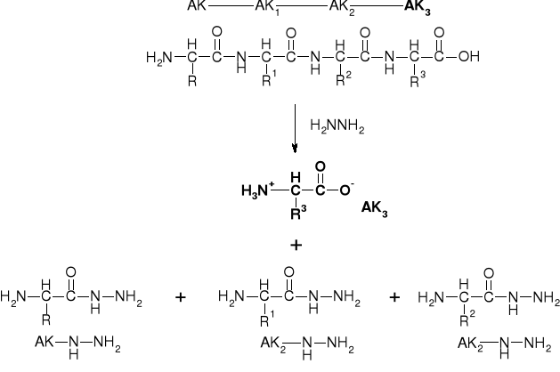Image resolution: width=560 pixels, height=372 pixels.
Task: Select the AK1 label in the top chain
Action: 269,9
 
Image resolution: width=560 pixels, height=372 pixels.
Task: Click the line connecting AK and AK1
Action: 230,8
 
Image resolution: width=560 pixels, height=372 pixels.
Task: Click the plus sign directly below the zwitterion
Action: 295,243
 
